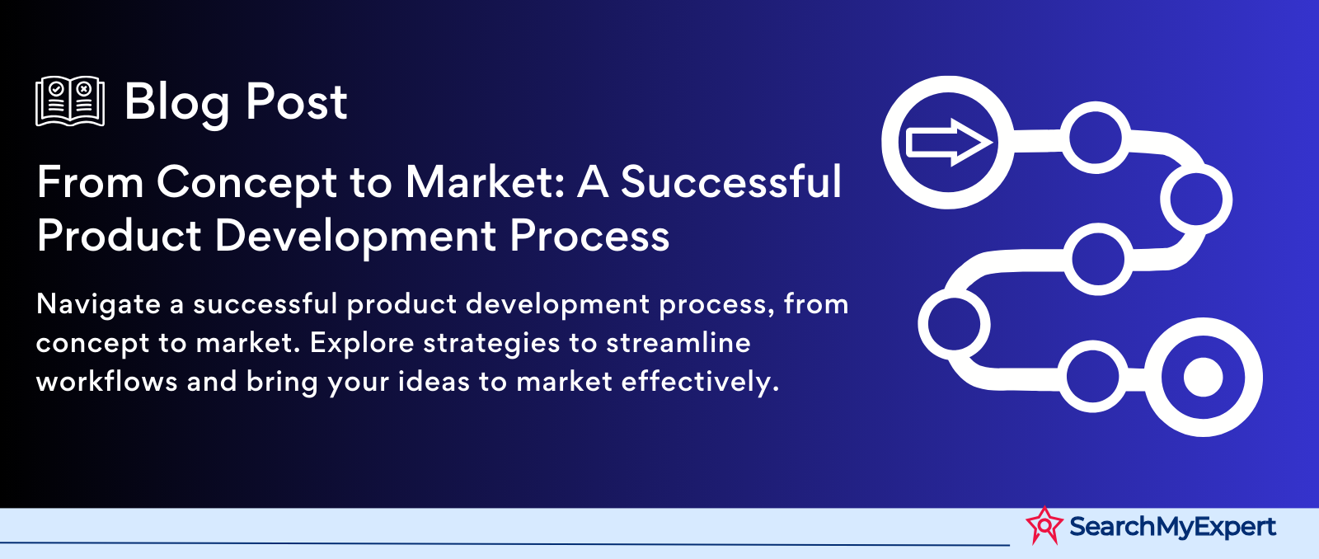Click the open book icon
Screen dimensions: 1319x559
pyautogui.click(x=70, y=101)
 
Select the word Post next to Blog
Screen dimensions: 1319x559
pyautogui.click(x=296, y=102)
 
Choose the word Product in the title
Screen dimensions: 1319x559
pyautogui.click(x=119, y=236)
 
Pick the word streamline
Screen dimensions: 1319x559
pyautogui.click(x=678, y=343)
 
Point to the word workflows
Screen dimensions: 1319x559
pyautogui.click(x=106, y=381)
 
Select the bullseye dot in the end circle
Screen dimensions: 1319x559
pyautogui.click(x=1203, y=377)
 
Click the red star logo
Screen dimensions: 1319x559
pyautogui.click(x=1044, y=525)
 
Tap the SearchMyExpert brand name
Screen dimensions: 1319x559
pyautogui.click(x=1172, y=527)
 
